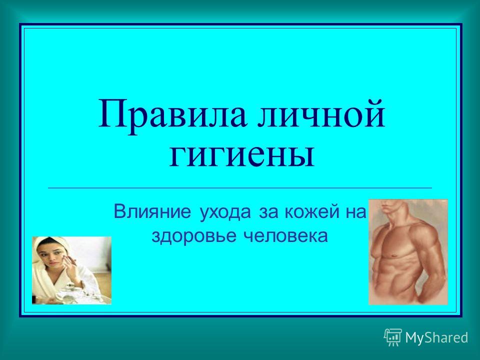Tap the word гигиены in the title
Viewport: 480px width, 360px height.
(x=242, y=155)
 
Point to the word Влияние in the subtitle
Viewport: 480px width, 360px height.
(x=152, y=212)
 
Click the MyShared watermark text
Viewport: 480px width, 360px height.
(x=437, y=338)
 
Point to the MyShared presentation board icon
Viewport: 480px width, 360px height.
(x=393, y=337)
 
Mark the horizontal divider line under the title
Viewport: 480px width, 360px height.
(x=240, y=187)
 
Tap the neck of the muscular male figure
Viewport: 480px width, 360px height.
(x=390, y=213)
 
